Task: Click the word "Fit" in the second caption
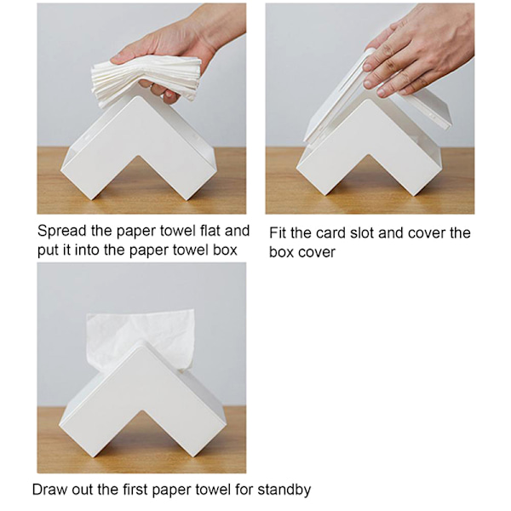click(278, 233)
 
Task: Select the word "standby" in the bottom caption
click(284, 491)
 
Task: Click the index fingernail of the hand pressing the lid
click(368, 66)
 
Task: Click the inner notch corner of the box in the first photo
click(139, 157)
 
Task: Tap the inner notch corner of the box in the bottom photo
click(141, 411)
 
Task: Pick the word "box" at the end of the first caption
click(225, 250)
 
